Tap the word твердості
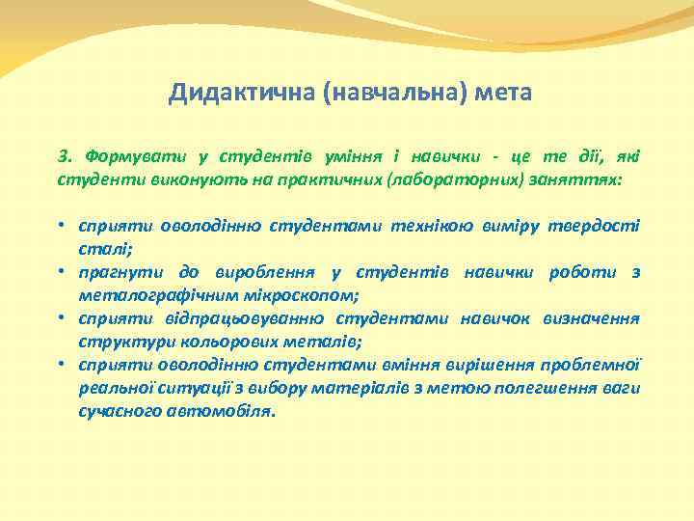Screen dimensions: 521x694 click(596, 226)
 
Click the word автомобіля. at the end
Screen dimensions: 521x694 click(226, 411)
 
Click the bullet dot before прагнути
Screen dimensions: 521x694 click(61, 272)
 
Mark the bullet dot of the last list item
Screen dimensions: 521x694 click(61, 365)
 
